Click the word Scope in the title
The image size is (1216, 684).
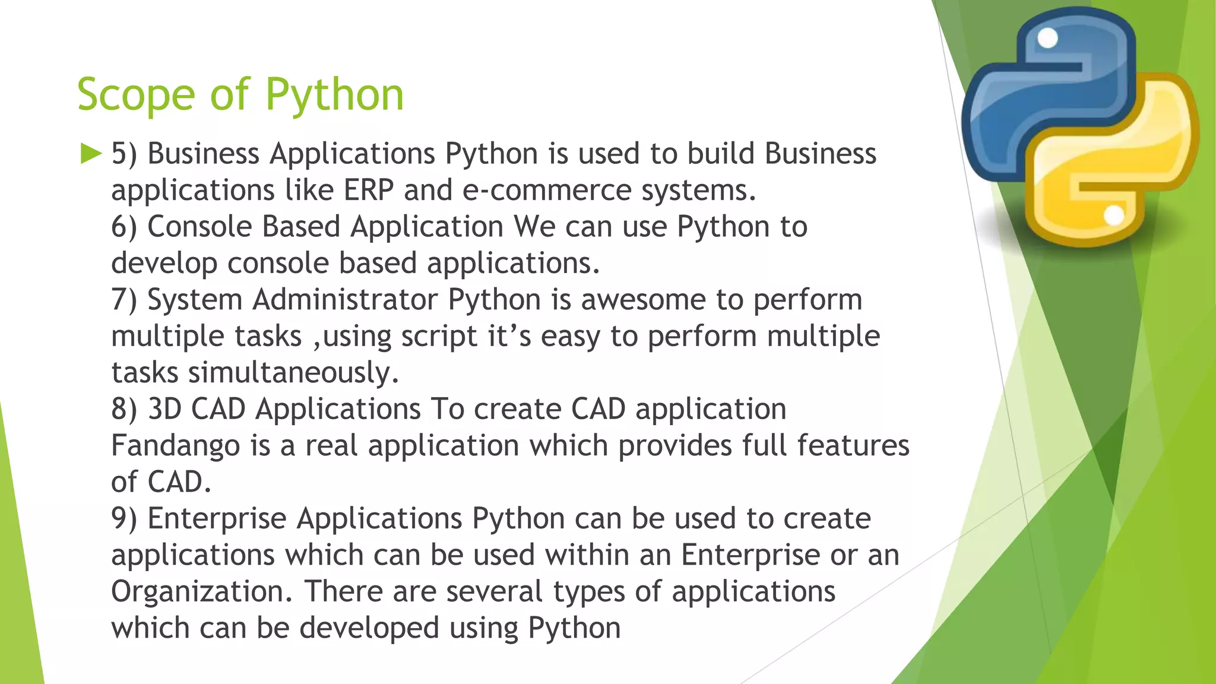click(136, 95)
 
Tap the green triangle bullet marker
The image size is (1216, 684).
click(91, 154)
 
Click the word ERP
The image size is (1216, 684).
click(368, 191)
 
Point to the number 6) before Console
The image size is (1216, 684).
click(124, 227)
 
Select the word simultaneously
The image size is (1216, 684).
click(293, 373)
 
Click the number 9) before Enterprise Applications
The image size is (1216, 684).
click(124, 518)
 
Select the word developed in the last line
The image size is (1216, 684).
click(369, 628)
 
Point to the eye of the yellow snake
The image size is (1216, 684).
click(1114, 216)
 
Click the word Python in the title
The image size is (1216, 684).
click(334, 95)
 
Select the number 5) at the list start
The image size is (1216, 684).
click(124, 154)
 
